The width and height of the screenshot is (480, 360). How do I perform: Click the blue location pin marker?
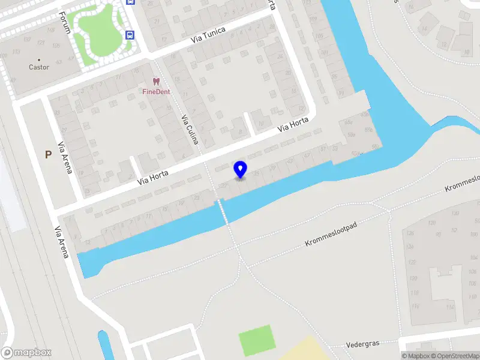241,169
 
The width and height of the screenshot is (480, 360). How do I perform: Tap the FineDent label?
156,92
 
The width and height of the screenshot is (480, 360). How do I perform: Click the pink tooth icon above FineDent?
156,82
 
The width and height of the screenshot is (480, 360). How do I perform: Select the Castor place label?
39,67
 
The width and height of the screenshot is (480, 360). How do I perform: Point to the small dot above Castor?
39,59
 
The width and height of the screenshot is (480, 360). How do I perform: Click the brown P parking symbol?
48,154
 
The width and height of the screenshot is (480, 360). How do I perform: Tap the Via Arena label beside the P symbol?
65,157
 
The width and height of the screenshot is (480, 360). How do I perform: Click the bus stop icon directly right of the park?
129,35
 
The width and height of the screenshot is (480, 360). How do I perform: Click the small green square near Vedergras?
256,340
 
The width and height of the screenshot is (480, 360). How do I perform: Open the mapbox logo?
26,353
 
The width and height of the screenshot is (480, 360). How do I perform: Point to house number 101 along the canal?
325,53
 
